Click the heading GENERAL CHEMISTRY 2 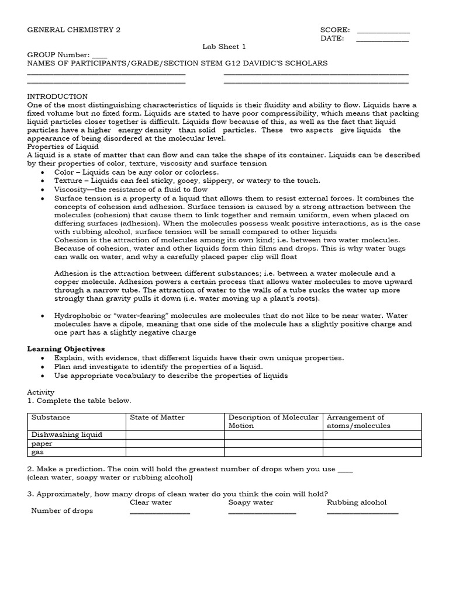point(74,30)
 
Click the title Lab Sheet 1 point(224,47)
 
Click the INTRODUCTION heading point(57,96)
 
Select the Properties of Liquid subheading point(63,147)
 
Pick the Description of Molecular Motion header point(273,422)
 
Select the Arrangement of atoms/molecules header point(358,422)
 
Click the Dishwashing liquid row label point(67,434)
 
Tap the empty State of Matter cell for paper point(175,443)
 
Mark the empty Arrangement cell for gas point(372,452)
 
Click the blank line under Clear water point(160,513)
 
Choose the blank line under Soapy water point(262,513)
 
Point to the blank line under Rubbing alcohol point(362,513)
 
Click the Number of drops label point(62,511)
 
